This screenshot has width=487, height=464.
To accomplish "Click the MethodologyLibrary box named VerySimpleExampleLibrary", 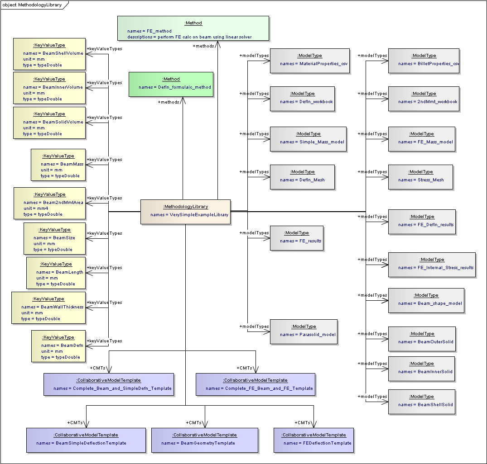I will click(185, 212).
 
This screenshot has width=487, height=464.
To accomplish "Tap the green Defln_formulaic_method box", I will click(171, 84).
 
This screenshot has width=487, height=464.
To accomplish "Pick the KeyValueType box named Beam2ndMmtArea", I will click(49, 204).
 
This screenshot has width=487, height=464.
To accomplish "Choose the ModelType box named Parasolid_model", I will click(304, 331).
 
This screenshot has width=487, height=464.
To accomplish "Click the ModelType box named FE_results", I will click(297, 238).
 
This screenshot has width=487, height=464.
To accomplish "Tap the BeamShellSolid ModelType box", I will click(422, 402).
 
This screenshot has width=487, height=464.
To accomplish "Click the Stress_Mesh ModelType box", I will click(421, 177).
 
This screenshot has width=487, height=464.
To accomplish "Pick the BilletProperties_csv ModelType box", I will click(424, 61).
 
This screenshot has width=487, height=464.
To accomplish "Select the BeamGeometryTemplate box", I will click(205, 440).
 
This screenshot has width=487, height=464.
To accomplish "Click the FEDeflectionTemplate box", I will click(313, 440).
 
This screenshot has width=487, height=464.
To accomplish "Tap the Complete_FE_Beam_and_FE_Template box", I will click(256, 385).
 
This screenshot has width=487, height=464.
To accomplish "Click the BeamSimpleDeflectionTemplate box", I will click(86, 440).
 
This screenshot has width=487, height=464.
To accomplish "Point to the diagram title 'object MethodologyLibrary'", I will click(32, 5).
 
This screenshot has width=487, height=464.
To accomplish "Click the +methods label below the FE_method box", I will click(203, 46).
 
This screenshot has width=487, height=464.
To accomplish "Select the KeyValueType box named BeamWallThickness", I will click(48, 308).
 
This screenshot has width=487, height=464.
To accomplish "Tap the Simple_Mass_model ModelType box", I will click(308, 139).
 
